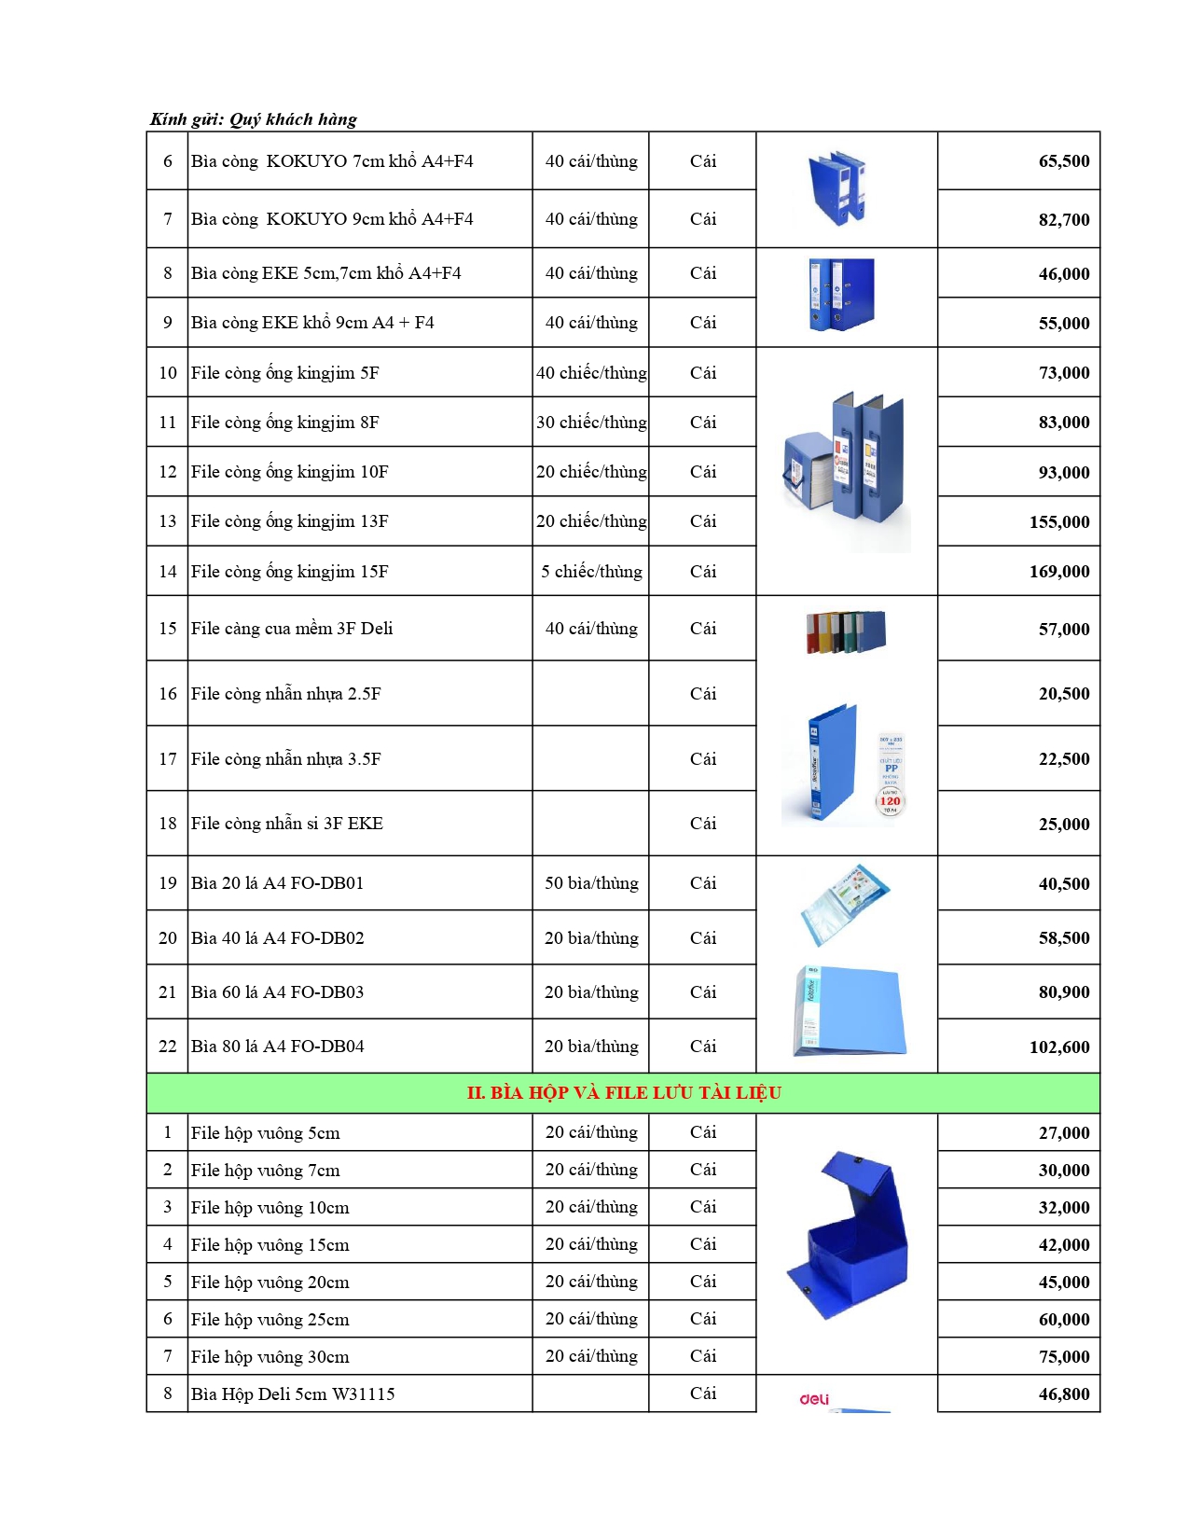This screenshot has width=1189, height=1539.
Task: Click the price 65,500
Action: (x=1063, y=161)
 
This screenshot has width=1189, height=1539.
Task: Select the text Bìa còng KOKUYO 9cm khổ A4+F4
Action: (x=332, y=219)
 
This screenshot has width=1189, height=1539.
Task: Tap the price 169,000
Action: (x=1058, y=572)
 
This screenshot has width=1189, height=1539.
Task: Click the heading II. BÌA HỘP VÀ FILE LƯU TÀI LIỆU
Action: (x=624, y=1093)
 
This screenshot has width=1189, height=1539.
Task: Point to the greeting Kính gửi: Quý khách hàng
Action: (x=254, y=119)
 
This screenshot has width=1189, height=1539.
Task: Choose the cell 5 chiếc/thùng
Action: (x=591, y=572)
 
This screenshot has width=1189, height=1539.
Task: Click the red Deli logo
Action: (x=814, y=1399)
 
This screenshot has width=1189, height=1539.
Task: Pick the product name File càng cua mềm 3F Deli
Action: (x=292, y=629)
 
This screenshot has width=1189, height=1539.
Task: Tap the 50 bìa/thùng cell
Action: (x=591, y=883)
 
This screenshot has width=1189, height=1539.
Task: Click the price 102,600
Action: (x=1058, y=1047)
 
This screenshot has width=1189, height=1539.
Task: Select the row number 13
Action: (x=168, y=521)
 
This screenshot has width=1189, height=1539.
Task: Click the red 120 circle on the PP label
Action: (x=891, y=801)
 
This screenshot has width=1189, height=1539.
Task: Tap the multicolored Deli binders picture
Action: (x=846, y=631)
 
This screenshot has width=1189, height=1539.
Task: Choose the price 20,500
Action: (x=1063, y=694)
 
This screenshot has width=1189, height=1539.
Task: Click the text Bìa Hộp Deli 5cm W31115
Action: (x=293, y=1394)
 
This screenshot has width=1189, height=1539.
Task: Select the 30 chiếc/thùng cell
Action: (x=591, y=423)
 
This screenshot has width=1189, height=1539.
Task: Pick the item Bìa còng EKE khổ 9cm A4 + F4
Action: (x=312, y=323)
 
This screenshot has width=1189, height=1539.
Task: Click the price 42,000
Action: (x=1063, y=1245)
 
